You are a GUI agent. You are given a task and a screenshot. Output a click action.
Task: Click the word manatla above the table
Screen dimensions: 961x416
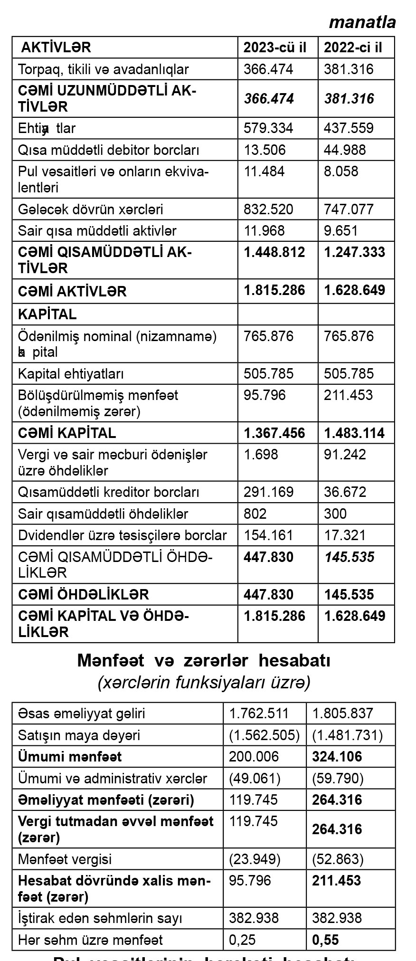[362, 22]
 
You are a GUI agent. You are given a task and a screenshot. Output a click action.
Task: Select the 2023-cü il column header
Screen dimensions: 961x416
[275, 48]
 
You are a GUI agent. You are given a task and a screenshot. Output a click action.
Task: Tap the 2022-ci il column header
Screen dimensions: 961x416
[353, 48]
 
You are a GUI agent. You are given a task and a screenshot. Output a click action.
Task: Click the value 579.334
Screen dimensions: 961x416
[268, 128]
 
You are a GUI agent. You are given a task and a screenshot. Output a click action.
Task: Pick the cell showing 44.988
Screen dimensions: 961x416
[345, 150]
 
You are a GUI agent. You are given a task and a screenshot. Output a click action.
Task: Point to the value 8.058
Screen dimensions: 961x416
[341, 171]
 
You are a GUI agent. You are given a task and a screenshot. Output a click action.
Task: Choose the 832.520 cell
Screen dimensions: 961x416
[268, 209]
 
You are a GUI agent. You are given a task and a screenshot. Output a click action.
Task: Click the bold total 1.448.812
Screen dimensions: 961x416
[274, 252]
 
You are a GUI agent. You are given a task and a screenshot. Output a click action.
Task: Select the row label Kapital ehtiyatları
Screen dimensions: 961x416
[71, 374]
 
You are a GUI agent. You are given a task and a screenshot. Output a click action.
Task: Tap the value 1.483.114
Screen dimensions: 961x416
[354, 433]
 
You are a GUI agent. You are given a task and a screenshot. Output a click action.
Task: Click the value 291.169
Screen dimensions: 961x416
[268, 492]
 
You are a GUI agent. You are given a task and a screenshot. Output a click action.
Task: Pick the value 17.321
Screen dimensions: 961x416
[345, 535]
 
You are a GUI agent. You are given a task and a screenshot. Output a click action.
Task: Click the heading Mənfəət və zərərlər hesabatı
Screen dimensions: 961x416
[203, 660]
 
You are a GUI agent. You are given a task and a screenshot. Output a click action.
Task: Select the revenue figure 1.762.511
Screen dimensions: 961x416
[258, 714]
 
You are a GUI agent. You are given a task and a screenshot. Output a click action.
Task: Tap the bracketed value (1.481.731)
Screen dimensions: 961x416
[347, 735]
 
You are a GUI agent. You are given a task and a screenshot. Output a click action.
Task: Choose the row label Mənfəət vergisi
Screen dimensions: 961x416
[65, 859]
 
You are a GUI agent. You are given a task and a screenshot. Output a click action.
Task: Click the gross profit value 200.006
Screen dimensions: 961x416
[254, 757]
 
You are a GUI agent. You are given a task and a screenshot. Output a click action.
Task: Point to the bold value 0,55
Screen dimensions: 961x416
[325, 940]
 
